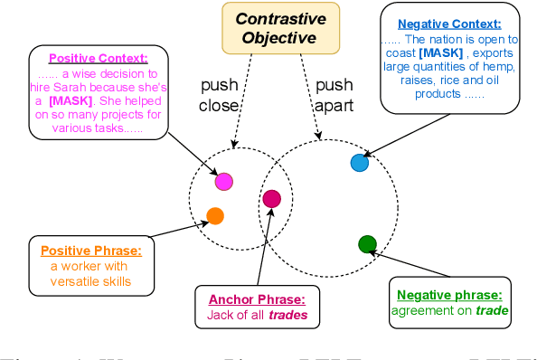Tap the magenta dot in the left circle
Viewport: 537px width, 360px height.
coord(224,182)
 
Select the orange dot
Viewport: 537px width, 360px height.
coord(215,215)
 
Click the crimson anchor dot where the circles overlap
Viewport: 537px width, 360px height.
coord(271,199)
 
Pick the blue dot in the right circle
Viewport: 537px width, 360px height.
coord(359,163)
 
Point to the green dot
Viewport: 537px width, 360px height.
coord(367,243)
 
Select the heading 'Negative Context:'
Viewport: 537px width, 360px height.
coord(449,24)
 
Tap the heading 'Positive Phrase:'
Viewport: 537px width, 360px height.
coord(89,250)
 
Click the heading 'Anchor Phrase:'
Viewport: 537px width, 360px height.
coord(251,299)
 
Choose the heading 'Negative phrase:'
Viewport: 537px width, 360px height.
coord(449,295)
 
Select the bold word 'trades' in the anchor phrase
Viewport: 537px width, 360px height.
coord(286,316)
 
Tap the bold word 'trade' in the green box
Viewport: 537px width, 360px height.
coord(492,311)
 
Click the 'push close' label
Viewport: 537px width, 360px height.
coord(218,94)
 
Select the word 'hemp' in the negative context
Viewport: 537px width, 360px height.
coord(485,67)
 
